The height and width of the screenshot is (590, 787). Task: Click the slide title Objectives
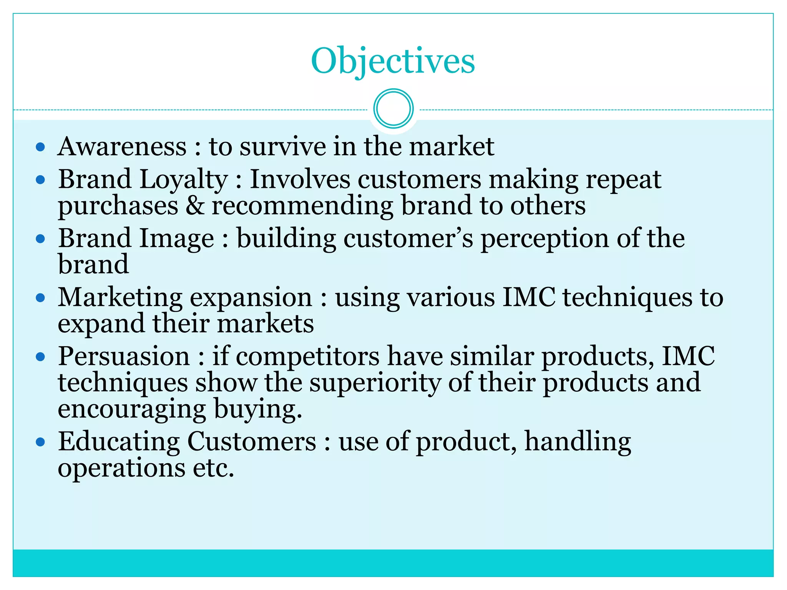coord(393,61)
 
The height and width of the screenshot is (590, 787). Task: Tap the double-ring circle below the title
coord(393,109)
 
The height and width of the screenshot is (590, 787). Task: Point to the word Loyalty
coord(183,180)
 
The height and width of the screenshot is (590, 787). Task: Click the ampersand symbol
coord(195,206)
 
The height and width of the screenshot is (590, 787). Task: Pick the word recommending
coord(302,206)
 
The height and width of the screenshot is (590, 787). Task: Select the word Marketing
coord(120,298)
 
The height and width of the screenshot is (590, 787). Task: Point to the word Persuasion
coord(124,356)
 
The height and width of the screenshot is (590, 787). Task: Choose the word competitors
coord(307,357)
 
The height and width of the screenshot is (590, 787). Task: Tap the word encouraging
coord(132,409)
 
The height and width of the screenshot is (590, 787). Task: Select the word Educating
coord(119,442)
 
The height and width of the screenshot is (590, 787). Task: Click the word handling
coord(578,442)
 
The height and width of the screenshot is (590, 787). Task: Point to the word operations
coord(121,469)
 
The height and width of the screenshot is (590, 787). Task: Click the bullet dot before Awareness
coord(40,147)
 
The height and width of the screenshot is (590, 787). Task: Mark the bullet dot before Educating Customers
coord(40,442)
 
